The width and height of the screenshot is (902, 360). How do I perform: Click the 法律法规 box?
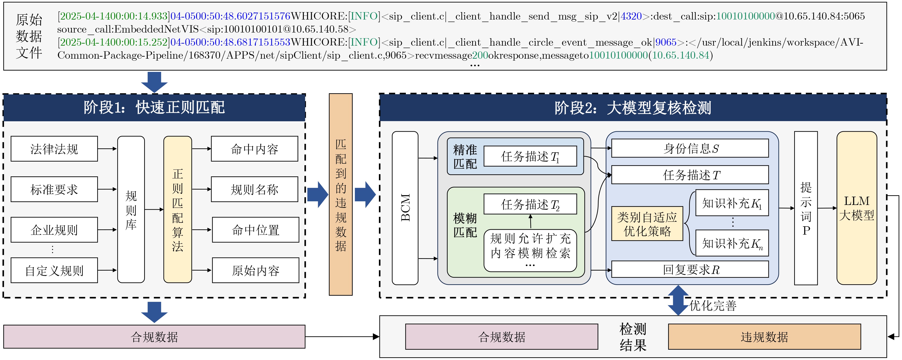(x=54, y=149)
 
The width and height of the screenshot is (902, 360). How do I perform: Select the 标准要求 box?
(x=54, y=189)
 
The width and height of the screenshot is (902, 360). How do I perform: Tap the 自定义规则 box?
(x=54, y=270)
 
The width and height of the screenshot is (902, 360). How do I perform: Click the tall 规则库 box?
(x=131, y=209)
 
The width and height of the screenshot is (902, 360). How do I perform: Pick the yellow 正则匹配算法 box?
(x=177, y=209)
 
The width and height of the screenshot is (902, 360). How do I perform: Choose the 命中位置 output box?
(x=255, y=230)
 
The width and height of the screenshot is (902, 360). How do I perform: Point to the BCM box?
(x=405, y=208)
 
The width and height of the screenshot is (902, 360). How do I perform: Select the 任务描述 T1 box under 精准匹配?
(x=530, y=156)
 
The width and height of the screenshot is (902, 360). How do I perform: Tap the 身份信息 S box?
(x=690, y=149)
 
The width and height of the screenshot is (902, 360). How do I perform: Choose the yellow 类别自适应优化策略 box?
(x=647, y=223)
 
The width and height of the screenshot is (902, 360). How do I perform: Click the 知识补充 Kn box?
(x=732, y=243)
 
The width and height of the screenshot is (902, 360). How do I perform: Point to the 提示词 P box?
(x=806, y=208)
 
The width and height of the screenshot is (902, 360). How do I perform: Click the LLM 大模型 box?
(x=856, y=208)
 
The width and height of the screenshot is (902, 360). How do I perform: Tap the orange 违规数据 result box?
(x=764, y=337)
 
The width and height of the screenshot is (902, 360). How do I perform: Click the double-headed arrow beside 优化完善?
(x=678, y=300)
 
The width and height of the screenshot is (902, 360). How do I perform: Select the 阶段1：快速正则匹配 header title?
(x=154, y=107)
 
